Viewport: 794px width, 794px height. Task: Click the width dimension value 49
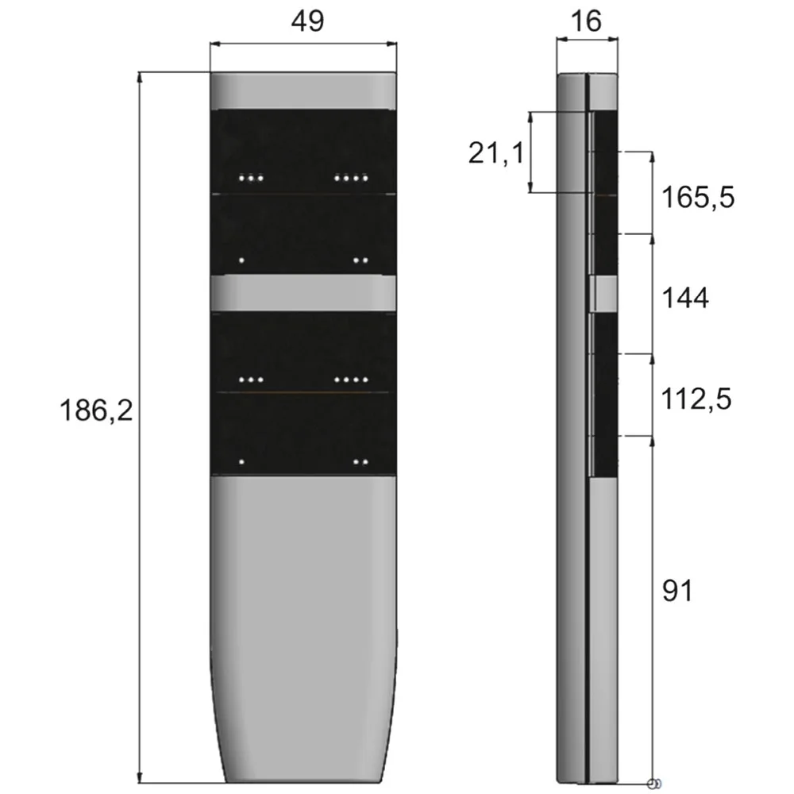pyautogui.click(x=307, y=21)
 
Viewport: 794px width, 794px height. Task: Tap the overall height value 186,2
pyautogui.click(x=96, y=410)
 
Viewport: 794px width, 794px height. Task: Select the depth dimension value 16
pyautogui.click(x=587, y=21)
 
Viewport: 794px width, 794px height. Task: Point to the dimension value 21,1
pyautogui.click(x=496, y=152)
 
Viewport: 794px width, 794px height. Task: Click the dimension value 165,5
pyautogui.click(x=698, y=197)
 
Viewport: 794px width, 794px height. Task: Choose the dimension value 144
pyautogui.click(x=685, y=298)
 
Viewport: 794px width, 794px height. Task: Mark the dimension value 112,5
pyautogui.click(x=696, y=399)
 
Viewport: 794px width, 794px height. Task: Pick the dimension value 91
pyautogui.click(x=677, y=591)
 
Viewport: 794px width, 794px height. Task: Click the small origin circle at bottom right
pyautogui.click(x=653, y=784)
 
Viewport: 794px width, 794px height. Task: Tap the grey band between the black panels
pyautogui.click(x=303, y=293)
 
